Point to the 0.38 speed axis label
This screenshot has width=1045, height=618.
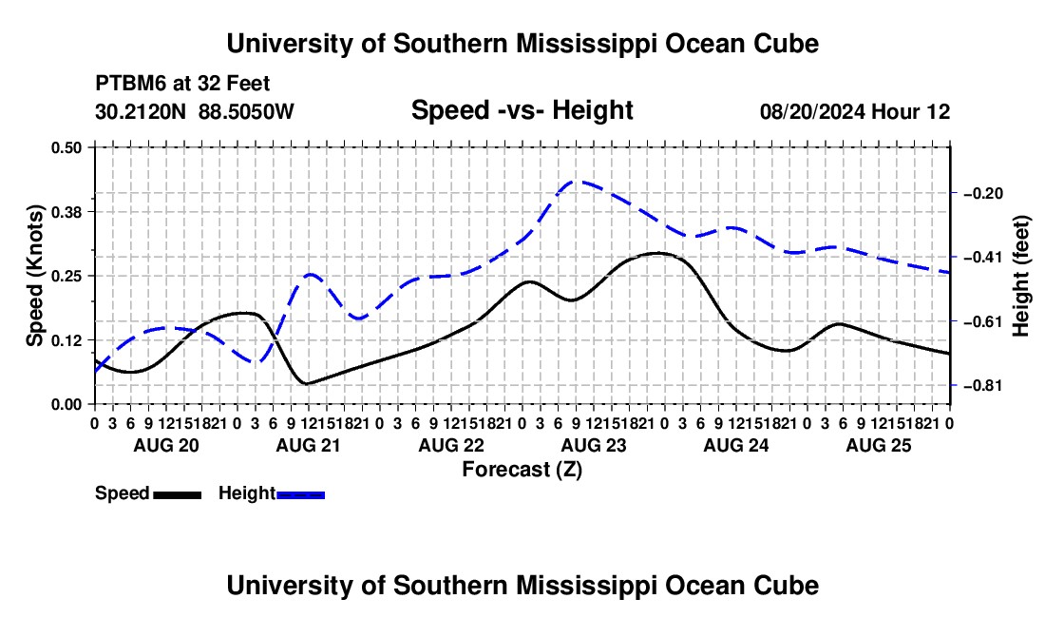(x=66, y=212)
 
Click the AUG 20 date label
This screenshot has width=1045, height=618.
(x=166, y=445)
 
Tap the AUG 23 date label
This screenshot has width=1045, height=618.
(x=594, y=445)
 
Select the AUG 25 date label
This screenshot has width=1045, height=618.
(x=879, y=445)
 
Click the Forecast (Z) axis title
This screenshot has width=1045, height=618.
(x=522, y=470)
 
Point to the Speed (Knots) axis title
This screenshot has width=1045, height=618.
(x=34, y=276)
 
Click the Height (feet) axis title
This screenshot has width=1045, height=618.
(x=1020, y=276)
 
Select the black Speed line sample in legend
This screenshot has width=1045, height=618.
(x=178, y=494)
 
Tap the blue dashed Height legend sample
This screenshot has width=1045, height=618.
(x=300, y=494)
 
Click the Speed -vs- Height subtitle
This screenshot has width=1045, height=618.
(x=522, y=110)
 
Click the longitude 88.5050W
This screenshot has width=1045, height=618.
(x=246, y=111)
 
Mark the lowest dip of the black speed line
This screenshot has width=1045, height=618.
(x=307, y=383)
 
